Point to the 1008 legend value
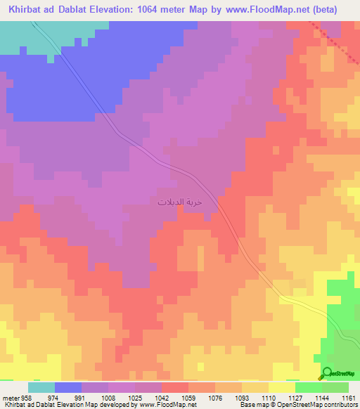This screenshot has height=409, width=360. pyautogui.click(x=108, y=397)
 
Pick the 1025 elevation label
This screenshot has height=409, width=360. pyautogui.click(x=135, y=397)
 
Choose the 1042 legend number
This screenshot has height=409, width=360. pyautogui.click(x=162, y=397)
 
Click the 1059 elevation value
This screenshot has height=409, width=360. pyautogui.click(x=188, y=397)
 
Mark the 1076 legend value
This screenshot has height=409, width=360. pyautogui.click(x=215, y=397)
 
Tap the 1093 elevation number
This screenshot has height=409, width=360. pyautogui.click(x=242, y=397)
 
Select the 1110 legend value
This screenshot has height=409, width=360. pyautogui.click(x=269, y=397)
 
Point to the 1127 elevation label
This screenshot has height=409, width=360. pyautogui.click(x=295, y=397)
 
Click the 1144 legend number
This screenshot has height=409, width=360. pyautogui.click(x=322, y=397)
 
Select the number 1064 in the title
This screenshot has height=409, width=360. pyautogui.click(x=157, y=10)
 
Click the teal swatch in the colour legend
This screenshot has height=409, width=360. pyautogui.click(x=41, y=387)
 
